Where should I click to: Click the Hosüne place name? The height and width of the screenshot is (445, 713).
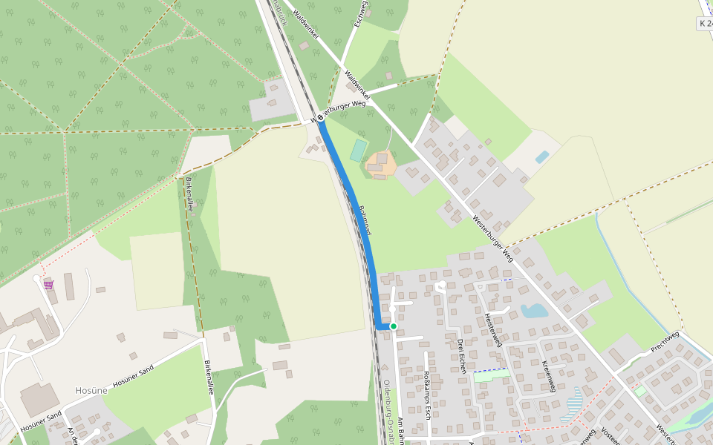[91, 390]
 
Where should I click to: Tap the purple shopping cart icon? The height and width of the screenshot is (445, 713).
[48, 283]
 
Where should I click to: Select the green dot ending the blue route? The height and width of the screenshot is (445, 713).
[394, 326]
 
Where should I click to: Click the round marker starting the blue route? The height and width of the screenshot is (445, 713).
[320, 117]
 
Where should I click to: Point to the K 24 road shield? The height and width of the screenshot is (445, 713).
[704, 24]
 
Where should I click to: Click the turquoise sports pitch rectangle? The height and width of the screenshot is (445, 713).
[359, 151]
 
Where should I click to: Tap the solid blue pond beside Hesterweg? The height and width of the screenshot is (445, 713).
[533, 311]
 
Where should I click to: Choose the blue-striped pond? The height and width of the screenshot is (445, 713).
[573, 405]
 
